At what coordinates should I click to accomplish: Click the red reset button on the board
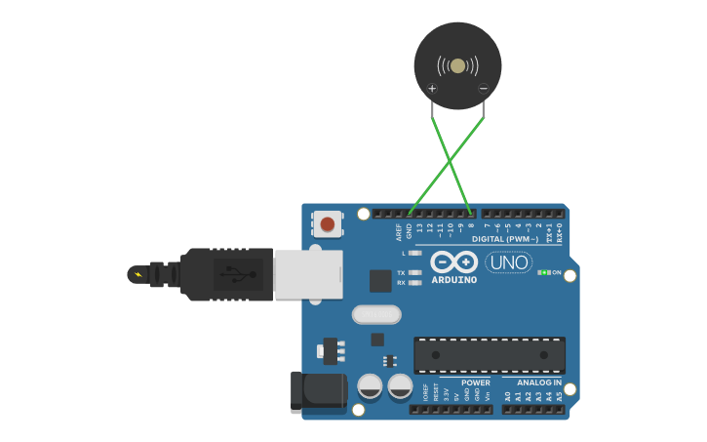click(327, 224)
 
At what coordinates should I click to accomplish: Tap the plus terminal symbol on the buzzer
click(432, 89)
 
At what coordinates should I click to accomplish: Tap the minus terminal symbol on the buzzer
click(483, 89)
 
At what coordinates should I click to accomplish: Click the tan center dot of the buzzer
click(457, 65)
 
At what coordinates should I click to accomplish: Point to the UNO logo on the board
click(508, 262)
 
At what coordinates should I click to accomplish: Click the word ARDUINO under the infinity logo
click(454, 280)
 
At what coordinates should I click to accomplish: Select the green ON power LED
click(544, 272)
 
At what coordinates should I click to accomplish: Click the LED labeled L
click(415, 253)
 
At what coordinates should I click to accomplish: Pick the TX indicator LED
click(415, 273)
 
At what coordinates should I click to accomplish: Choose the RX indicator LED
click(415, 283)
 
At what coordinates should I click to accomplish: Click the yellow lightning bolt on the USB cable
click(137, 274)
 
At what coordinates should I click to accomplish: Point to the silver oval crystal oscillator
click(376, 314)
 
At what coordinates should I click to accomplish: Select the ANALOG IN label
click(539, 382)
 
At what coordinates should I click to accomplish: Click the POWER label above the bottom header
click(476, 382)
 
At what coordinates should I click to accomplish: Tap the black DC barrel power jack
click(319, 391)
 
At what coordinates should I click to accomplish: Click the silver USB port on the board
click(308, 273)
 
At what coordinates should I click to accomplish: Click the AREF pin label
click(399, 231)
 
